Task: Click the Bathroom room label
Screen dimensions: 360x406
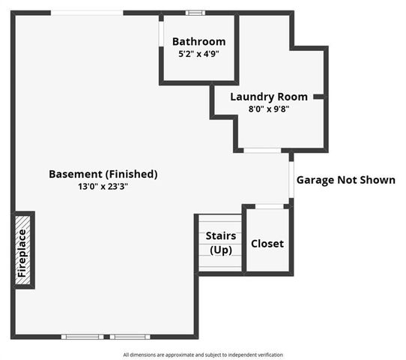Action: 199,42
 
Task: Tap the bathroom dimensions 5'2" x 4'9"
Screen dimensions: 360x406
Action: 199,55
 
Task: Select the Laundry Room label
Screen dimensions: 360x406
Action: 268,97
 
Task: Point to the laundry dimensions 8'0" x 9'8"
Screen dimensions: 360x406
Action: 268,109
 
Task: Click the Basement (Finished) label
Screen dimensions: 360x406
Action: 103,174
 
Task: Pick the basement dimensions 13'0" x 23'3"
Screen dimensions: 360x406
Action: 103,187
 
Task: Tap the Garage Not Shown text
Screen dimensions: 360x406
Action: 345,180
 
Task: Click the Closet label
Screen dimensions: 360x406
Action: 267,244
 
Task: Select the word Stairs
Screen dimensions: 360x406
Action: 221,236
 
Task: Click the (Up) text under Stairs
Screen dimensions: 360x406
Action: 221,250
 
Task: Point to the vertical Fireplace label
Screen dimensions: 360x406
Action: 22,253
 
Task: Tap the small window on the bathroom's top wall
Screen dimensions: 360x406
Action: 196,12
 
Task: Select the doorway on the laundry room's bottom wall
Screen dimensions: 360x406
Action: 262,151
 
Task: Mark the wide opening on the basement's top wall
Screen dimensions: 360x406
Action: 87,13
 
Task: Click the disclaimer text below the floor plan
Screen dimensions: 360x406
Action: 203,355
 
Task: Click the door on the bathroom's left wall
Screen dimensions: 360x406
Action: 161,34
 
